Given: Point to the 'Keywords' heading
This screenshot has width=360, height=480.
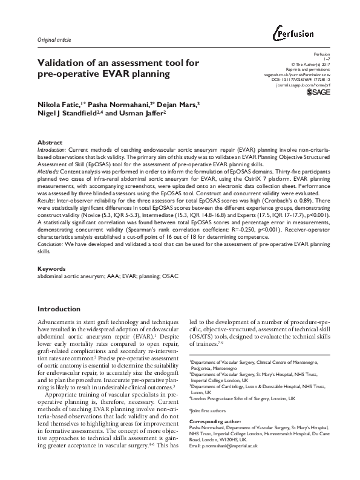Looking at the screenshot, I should (x=52, y=267).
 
